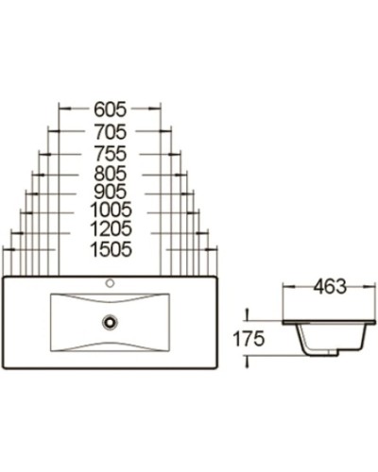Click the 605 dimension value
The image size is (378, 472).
111,109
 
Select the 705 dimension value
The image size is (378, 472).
111,131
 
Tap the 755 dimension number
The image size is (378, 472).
111,153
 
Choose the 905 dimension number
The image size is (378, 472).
111,192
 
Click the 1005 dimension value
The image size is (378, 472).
111,210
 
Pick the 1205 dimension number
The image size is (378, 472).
111,229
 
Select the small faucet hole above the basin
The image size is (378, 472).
111,281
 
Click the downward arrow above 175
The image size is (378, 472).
247,313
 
